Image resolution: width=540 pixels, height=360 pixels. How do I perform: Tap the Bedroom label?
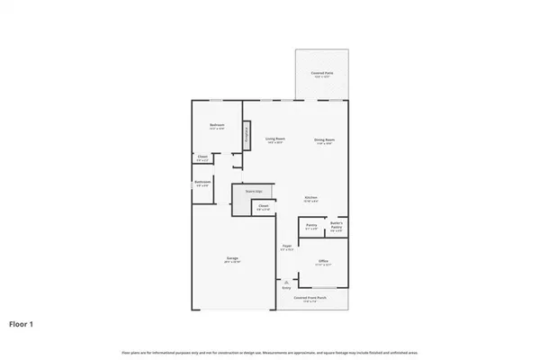(x=217, y=125)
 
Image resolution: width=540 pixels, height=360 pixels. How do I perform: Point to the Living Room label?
(x=274, y=140)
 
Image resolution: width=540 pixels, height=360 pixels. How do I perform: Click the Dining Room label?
(x=324, y=140)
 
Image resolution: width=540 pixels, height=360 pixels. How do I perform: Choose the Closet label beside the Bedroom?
(x=202, y=159)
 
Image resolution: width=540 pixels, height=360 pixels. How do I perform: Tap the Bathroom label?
(x=202, y=183)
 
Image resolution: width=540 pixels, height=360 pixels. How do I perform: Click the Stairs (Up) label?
(x=254, y=191)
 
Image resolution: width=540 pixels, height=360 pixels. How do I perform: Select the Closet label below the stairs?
(x=263, y=207)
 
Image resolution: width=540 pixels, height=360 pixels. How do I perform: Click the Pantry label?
(x=310, y=226)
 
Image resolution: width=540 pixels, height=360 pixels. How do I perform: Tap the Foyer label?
(x=286, y=247)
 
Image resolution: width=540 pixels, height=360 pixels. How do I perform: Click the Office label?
(x=323, y=262)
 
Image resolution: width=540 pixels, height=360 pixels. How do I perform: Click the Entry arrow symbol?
(x=286, y=281)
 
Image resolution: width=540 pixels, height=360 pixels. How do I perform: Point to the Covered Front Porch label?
(x=313, y=298)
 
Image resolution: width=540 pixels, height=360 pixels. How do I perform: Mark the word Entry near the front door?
(x=286, y=288)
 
